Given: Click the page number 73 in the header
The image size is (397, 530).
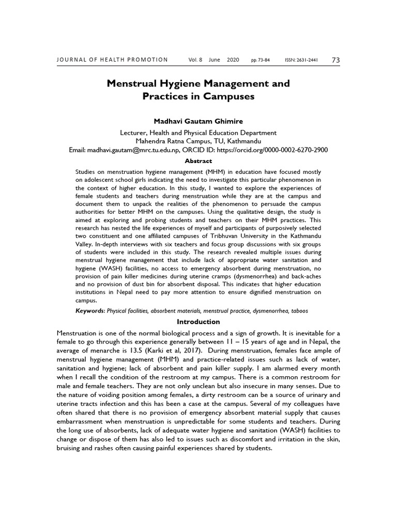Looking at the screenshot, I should (335, 60).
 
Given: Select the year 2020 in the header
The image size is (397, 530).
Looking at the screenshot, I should (233, 60).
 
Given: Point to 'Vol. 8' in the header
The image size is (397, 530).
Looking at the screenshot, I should (195, 60).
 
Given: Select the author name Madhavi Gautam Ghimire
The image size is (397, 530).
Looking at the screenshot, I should (198, 121).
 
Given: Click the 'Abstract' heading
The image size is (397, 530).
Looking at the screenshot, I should (198, 161).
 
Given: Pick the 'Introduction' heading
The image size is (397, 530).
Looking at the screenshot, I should (198, 322).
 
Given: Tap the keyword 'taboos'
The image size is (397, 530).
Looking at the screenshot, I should (300, 311).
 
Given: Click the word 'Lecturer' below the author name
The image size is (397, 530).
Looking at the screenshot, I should (134, 132).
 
